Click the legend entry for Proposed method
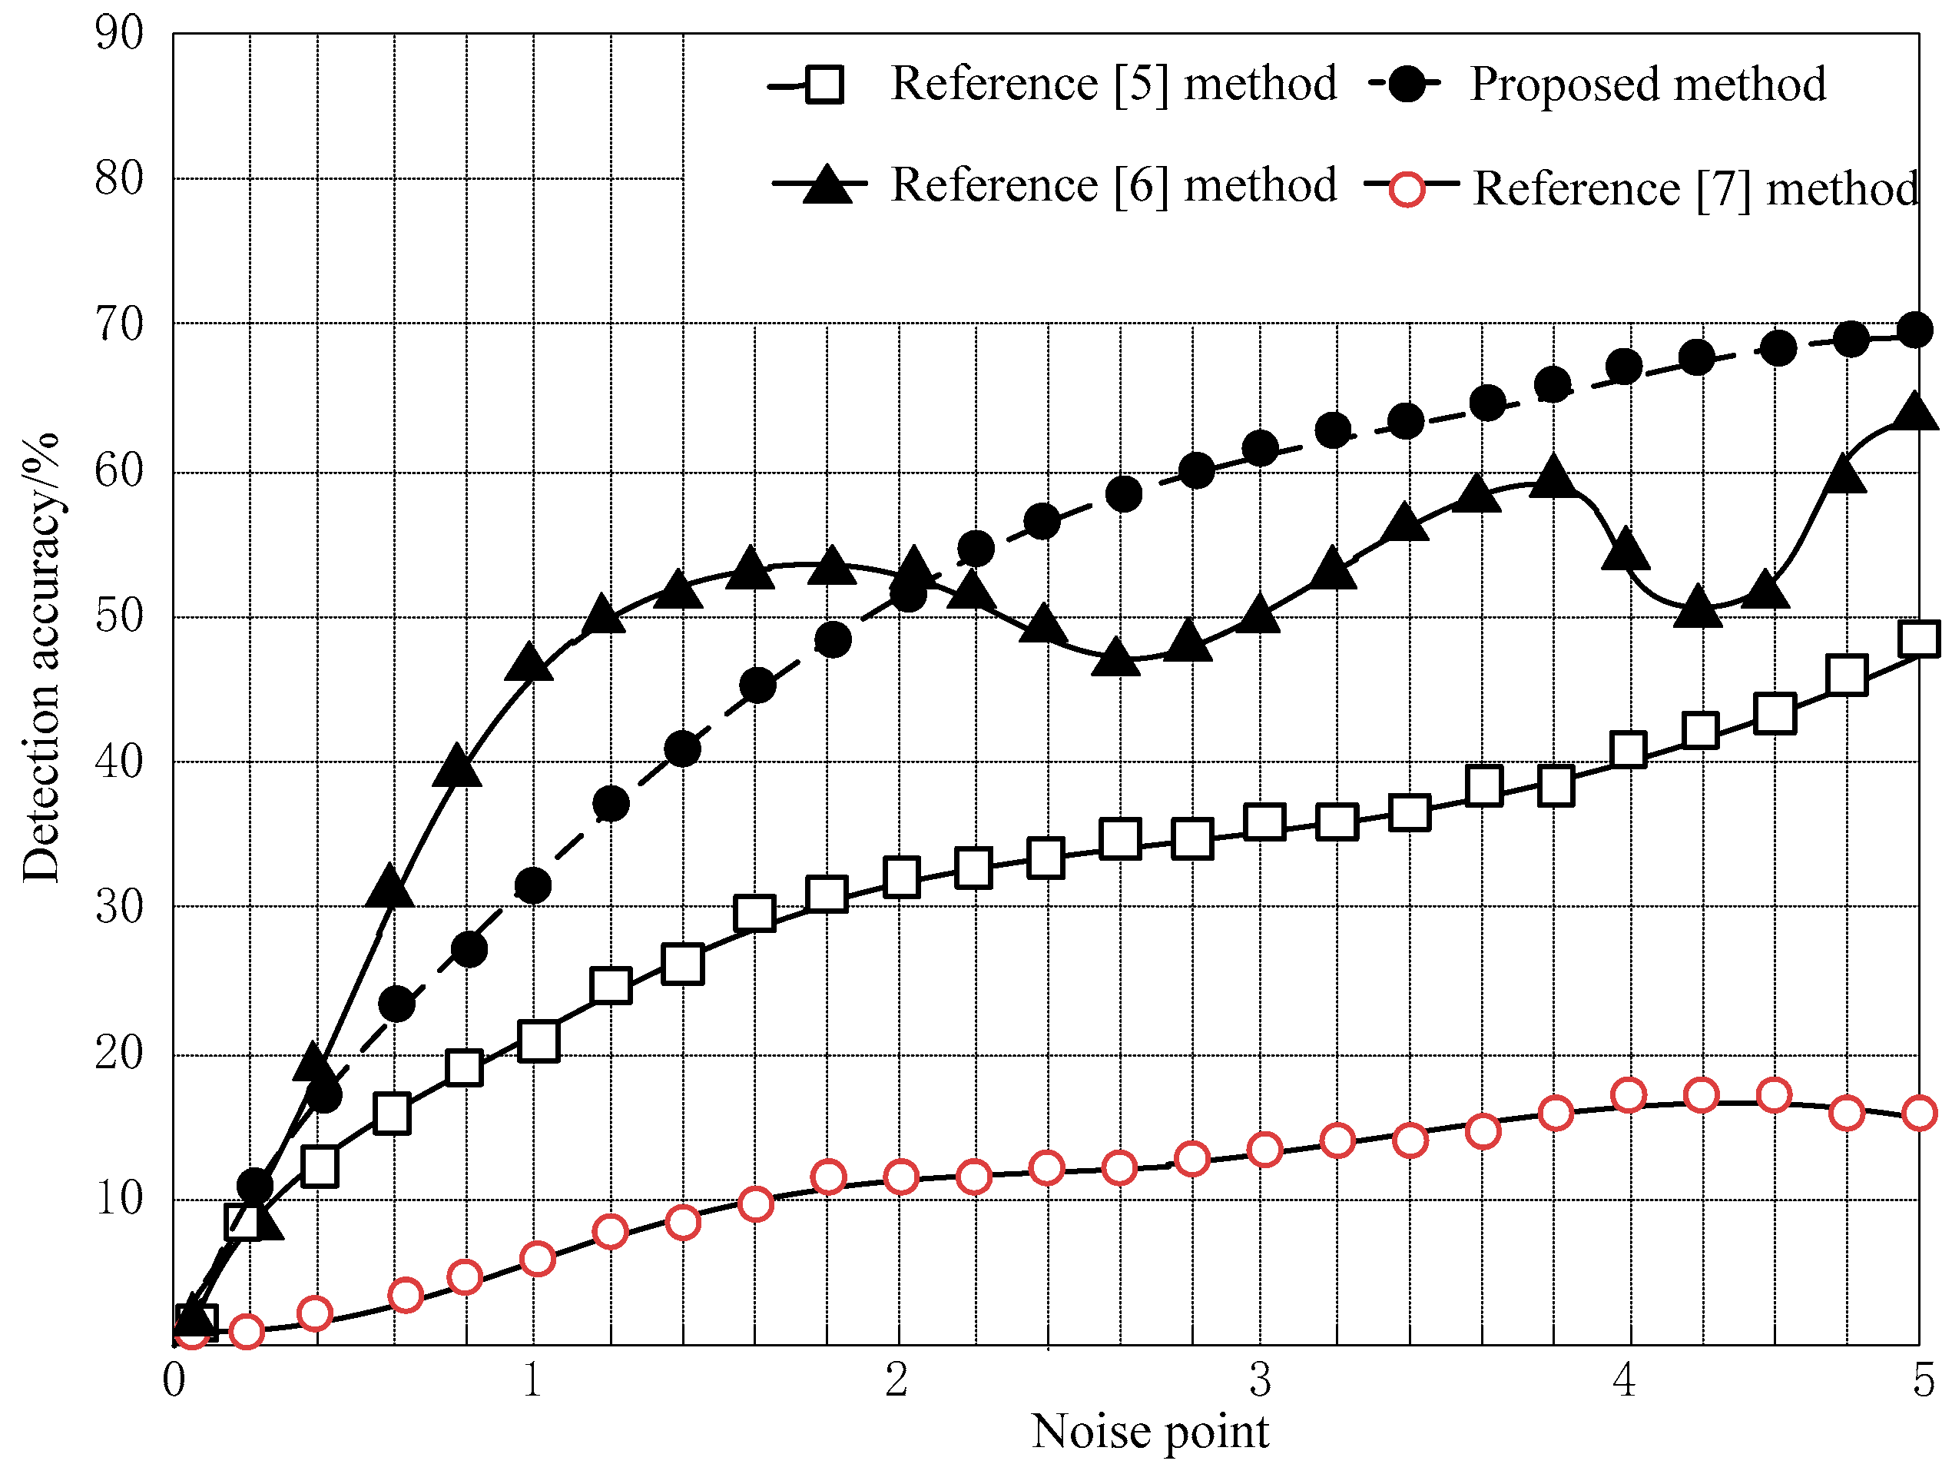click(1647, 85)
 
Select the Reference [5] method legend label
click(1114, 85)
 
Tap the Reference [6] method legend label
click(1114, 185)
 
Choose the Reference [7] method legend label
click(1695, 189)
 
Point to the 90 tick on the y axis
click(118, 34)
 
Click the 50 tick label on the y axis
click(118, 616)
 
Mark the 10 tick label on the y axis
click(118, 1199)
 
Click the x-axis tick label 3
click(1260, 1379)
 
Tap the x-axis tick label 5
click(1924, 1379)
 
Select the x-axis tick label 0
click(174, 1379)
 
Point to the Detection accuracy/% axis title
click(41, 659)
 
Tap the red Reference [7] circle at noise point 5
click(1919, 1114)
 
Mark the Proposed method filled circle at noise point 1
click(533, 885)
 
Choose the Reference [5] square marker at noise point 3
click(1264, 822)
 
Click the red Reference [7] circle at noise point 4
click(1628, 1096)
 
